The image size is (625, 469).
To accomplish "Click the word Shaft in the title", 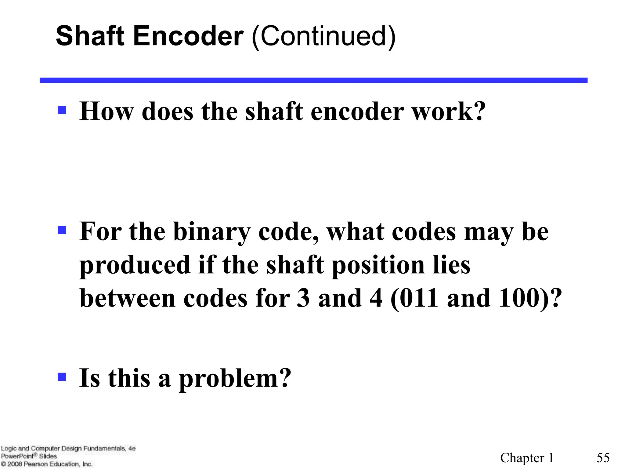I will (90, 36).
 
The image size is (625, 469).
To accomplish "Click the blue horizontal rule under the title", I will (313, 80).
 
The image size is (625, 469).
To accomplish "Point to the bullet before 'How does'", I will (62, 110).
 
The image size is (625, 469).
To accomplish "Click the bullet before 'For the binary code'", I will (62, 230).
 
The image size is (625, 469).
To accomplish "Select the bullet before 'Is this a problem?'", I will (62, 377).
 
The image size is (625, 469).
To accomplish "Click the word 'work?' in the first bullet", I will (449, 111).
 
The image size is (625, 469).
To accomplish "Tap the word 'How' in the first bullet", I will (107, 111).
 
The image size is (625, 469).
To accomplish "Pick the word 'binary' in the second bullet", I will (212, 232).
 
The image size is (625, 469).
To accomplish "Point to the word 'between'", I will (128, 298).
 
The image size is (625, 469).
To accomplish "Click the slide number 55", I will (603, 458).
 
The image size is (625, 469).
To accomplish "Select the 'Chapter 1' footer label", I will (527, 458).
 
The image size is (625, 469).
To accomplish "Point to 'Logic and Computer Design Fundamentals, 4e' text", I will (68, 448).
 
